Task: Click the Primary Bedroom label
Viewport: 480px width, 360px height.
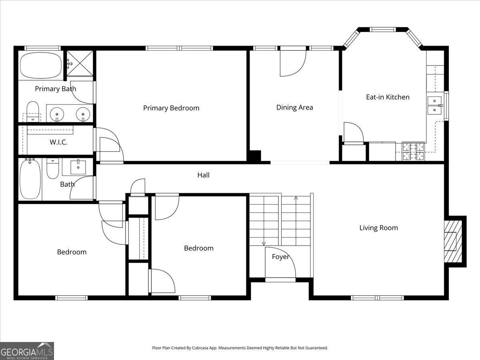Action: point(171,108)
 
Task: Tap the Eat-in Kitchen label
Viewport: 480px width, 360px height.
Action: point(388,97)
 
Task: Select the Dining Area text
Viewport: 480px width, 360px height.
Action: point(294,107)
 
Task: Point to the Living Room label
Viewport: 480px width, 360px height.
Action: point(378,228)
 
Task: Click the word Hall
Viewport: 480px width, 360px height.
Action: point(203,175)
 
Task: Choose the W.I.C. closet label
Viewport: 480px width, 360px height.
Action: point(58,142)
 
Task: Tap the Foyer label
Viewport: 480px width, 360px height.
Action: point(280,257)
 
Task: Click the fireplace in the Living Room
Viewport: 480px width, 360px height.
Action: point(452,241)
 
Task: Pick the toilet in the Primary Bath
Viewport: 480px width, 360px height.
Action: point(33,112)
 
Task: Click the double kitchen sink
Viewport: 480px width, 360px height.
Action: point(434,105)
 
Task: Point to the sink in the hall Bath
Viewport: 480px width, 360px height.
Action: point(78,167)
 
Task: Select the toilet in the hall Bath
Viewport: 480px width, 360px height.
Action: point(53,169)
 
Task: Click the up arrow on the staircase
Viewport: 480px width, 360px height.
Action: point(296,198)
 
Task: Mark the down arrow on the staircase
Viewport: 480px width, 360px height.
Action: point(264,243)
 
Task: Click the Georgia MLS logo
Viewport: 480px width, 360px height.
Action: point(27,351)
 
